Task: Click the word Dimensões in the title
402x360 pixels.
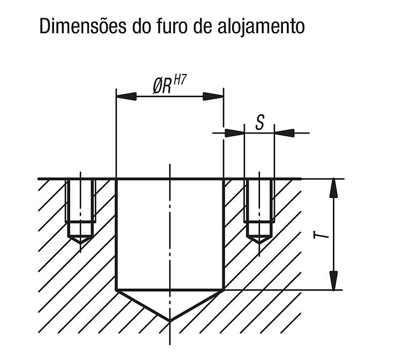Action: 83,26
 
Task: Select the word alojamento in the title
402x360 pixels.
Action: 261,27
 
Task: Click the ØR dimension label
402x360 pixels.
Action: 162,86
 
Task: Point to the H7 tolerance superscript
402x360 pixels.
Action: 180,80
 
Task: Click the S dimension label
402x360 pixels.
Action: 260,122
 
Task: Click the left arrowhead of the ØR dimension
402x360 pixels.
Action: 126,97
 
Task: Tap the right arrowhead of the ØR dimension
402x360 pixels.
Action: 213,97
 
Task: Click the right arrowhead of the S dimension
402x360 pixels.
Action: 284,133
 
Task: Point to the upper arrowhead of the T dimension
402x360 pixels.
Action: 333,188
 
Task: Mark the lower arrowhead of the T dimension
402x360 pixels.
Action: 333,281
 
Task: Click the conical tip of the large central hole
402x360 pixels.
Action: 170,321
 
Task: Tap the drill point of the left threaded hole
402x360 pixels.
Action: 80,243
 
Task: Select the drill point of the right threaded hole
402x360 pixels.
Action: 259,243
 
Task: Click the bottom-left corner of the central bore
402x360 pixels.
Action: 116,290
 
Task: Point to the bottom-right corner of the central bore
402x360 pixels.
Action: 224,290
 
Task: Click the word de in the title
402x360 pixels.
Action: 203,26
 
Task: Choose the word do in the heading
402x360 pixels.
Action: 142,26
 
